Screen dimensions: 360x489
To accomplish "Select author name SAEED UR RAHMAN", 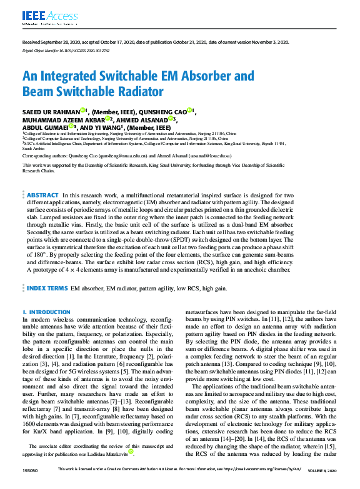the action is [x=52, y=111].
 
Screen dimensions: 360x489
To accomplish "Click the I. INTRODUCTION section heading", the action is [x=46, y=311].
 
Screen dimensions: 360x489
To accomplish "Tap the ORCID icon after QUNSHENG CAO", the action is [x=189, y=110].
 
